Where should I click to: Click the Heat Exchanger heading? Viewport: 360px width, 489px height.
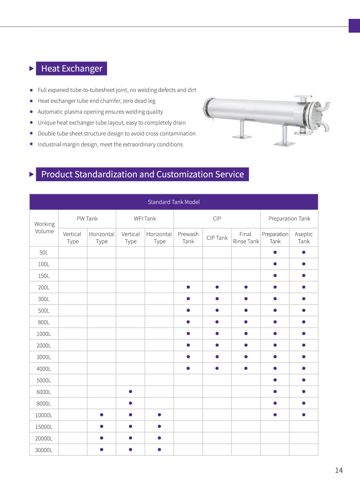71,69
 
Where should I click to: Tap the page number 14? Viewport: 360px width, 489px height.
339,470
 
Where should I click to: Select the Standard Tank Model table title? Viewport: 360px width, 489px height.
174,202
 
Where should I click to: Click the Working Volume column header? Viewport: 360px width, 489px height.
44,228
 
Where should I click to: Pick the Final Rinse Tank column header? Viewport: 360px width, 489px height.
246,238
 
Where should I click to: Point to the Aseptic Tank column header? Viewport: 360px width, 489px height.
304,238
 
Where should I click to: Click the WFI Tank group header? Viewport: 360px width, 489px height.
145,219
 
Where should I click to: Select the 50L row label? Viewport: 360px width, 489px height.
44,253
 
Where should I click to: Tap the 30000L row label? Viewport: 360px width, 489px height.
44,450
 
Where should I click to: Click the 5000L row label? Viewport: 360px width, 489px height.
44,380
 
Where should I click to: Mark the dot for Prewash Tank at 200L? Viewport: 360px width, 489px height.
188,287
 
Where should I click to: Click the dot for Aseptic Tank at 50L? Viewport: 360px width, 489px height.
304,252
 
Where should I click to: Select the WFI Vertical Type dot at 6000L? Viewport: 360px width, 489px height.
131,392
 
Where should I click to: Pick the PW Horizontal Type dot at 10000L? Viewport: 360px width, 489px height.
102,415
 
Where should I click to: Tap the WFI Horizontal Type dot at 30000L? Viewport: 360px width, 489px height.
159,450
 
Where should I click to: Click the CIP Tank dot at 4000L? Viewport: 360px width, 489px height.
217,368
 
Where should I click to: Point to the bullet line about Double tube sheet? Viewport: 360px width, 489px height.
116,134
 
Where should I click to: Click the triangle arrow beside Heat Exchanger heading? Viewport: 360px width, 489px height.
32,69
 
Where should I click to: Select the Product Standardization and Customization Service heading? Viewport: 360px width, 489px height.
142,174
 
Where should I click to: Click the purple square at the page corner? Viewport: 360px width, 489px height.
354,26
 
